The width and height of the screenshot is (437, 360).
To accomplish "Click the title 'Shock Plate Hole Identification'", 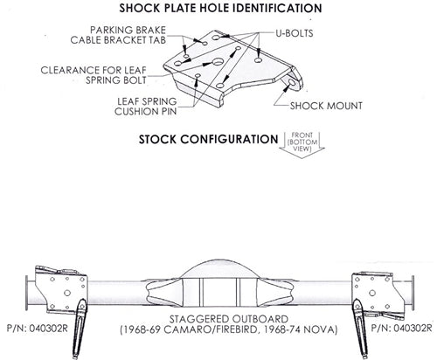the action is point(220,8).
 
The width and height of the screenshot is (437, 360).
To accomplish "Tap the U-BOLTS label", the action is point(295,33).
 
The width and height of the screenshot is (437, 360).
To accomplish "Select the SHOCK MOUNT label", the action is point(326,106).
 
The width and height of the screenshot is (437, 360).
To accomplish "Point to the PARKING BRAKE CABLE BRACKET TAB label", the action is point(118,35).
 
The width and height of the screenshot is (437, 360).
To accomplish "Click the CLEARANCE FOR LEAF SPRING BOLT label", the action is point(94,75).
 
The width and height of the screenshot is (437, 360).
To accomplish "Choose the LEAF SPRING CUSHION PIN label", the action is point(146,107).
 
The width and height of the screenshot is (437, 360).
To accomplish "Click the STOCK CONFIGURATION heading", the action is point(208,139).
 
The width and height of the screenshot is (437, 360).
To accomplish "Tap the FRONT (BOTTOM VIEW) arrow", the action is point(302,145).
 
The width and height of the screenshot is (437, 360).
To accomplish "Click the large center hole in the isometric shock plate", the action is point(218,62).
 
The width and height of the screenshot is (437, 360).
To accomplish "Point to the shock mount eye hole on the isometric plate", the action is point(292,82).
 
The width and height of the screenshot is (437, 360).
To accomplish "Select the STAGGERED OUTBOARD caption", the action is point(229,319).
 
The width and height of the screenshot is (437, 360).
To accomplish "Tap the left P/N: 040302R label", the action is point(37,329).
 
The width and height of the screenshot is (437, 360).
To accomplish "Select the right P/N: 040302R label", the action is point(401,328).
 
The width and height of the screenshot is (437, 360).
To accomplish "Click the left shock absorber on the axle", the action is point(80,329).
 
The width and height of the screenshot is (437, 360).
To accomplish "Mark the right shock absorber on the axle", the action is point(361,329).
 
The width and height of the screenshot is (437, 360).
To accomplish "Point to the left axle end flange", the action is point(27,294).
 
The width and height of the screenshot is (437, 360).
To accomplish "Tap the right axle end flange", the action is point(413,293).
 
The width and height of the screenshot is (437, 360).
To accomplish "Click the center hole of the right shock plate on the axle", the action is point(372,293).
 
